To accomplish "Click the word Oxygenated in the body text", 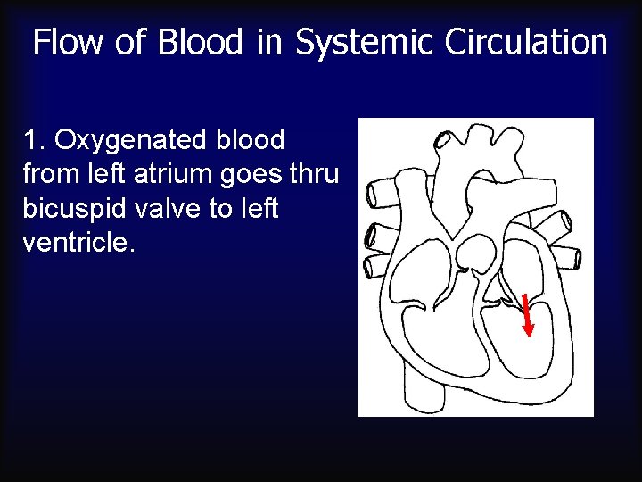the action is pos(130,140).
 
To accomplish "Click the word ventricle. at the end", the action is pos(78,242).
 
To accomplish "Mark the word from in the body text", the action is pos(46,174).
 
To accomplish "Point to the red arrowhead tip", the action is pos(529,335).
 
